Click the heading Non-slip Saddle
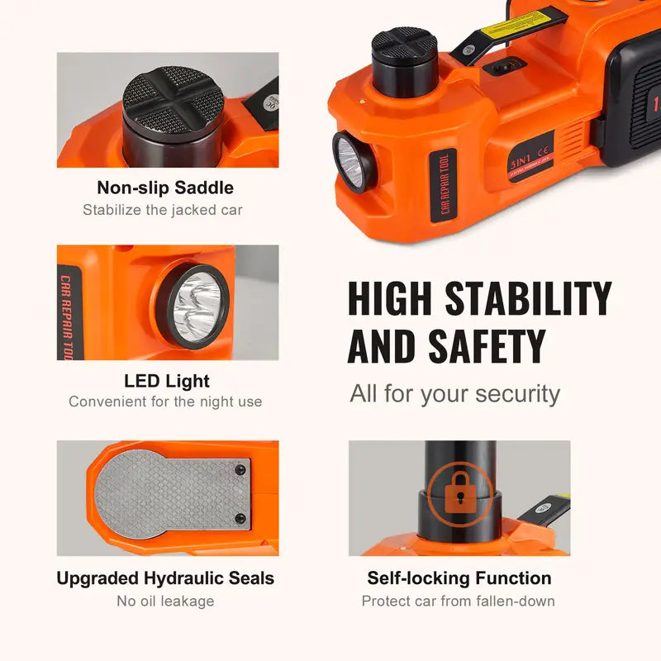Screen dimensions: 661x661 pos(165,188)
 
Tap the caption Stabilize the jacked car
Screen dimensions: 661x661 pos(163,210)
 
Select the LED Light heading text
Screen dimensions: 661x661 pos(166,381)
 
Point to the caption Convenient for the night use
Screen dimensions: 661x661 pos(165,402)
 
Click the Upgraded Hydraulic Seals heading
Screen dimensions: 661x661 pos(165,578)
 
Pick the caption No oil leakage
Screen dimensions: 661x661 pos(165,601)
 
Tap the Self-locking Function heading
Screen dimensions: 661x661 pos(459,578)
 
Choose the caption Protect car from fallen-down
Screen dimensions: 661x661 pos(459,601)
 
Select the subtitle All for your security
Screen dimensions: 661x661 pos(454,393)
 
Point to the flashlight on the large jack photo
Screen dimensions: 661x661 pos(351,161)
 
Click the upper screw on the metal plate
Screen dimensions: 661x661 pos(240,469)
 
